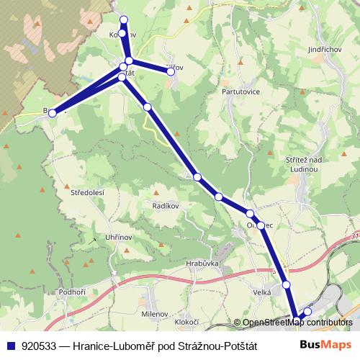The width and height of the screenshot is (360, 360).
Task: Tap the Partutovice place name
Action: click(x=233, y=91)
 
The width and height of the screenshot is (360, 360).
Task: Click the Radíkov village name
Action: click(x=165, y=206)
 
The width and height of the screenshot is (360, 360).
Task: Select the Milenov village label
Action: click(x=154, y=315)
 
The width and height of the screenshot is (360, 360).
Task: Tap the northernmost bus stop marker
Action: click(x=124, y=19)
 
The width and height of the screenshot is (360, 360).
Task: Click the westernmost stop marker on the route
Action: click(x=52, y=113)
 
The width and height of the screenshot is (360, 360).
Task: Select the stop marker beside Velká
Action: click(x=287, y=285)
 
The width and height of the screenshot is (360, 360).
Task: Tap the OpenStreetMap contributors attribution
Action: click(x=294, y=323)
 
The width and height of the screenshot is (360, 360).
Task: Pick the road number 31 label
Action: click(x=354, y=235)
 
